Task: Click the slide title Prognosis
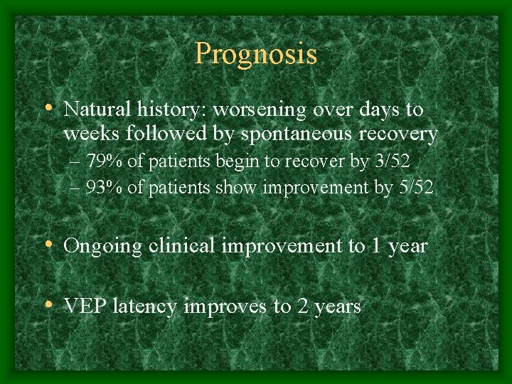256,54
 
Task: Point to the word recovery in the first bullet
398,134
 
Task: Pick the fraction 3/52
390,161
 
